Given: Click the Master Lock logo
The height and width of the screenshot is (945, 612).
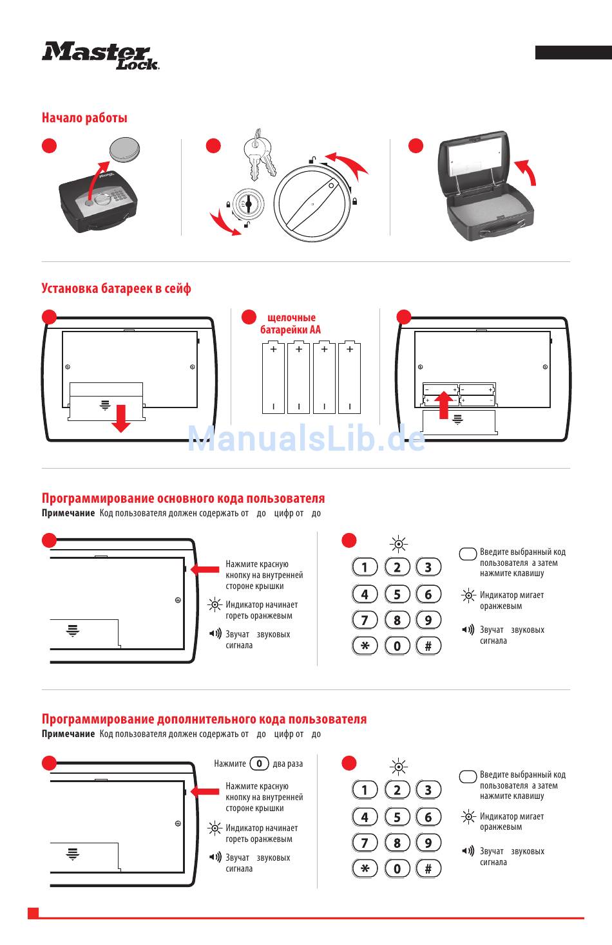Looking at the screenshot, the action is [x=100, y=55].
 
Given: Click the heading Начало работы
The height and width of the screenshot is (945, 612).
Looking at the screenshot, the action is [x=84, y=118].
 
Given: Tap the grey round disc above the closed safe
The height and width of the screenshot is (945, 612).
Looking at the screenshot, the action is [x=124, y=149].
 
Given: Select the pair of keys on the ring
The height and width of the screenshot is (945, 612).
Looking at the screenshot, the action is [x=260, y=154].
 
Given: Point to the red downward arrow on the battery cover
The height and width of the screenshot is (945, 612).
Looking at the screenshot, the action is [x=121, y=418].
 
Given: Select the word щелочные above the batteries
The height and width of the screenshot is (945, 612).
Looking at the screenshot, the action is [x=292, y=317].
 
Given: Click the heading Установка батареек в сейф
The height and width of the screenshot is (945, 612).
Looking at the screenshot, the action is [x=116, y=288].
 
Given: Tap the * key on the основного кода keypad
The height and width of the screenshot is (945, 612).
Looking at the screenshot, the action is [x=365, y=646].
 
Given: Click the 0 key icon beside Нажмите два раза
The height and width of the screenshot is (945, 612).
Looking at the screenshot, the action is [x=259, y=763].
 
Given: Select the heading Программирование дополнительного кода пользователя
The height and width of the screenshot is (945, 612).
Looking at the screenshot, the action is [x=204, y=719].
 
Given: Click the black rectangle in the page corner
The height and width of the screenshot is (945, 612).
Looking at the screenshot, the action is [x=573, y=52].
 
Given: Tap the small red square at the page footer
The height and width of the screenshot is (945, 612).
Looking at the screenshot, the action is [x=33, y=913].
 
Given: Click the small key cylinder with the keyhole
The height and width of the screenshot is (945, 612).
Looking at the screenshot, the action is [x=248, y=204].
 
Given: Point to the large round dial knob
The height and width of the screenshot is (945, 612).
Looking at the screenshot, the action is [x=312, y=204].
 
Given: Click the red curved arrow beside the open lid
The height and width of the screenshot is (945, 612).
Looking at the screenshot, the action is [x=528, y=171].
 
